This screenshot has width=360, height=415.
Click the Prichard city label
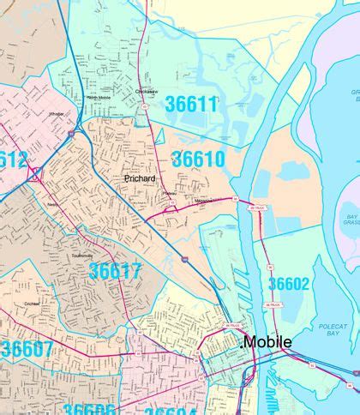(140, 178)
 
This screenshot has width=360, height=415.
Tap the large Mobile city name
(267, 342)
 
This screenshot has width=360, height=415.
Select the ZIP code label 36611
(191, 104)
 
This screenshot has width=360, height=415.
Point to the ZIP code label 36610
(198, 159)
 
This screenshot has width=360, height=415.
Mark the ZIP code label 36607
(27, 349)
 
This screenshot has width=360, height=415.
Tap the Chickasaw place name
(147, 92)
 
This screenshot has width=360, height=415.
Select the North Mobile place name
(99, 98)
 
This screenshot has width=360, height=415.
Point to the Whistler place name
(57, 113)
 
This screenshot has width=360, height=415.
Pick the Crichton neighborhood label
(32, 304)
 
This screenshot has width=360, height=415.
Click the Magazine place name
(203, 201)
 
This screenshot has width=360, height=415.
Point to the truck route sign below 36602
(273, 304)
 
